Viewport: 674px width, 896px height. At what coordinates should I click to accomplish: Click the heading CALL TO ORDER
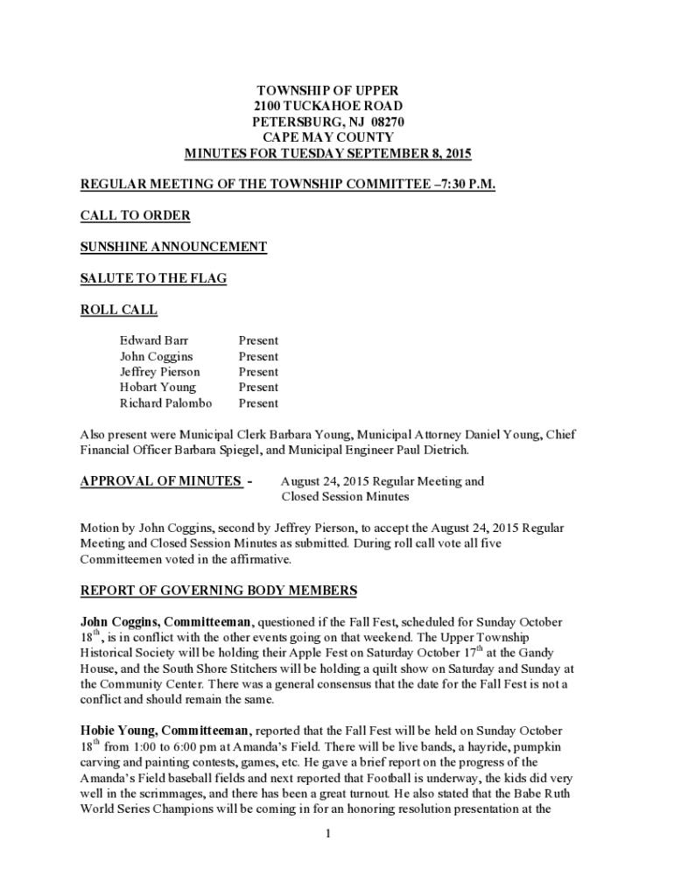pos(135,216)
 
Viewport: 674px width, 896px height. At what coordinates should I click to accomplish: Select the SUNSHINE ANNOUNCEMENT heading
pos(173,248)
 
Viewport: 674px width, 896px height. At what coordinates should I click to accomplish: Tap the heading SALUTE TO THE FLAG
pos(153,278)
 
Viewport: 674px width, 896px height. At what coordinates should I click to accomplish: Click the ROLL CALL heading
pos(119,310)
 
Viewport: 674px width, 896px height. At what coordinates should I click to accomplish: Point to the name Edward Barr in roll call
pos(153,340)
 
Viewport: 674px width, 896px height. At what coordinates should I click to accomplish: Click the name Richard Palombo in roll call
pos(165,403)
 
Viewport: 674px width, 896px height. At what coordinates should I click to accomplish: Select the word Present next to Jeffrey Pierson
pos(258,372)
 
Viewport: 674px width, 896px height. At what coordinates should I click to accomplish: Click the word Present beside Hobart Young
pos(258,388)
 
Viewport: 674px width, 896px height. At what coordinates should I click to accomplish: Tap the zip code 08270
pos(385,122)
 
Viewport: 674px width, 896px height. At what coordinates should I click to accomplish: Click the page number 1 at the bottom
pos(327,833)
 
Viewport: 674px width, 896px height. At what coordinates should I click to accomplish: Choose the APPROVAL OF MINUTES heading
pos(161,481)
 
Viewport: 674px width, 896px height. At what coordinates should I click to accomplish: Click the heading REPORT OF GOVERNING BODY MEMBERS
pos(219,591)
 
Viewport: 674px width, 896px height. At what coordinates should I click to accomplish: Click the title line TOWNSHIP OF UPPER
pos(327,91)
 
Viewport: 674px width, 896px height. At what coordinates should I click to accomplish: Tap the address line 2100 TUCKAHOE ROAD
pos(327,107)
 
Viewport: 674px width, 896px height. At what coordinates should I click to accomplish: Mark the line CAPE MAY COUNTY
pos(327,138)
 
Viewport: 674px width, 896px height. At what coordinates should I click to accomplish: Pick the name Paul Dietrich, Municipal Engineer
pos(433,451)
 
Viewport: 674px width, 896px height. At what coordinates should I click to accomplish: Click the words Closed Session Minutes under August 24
pos(345,497)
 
